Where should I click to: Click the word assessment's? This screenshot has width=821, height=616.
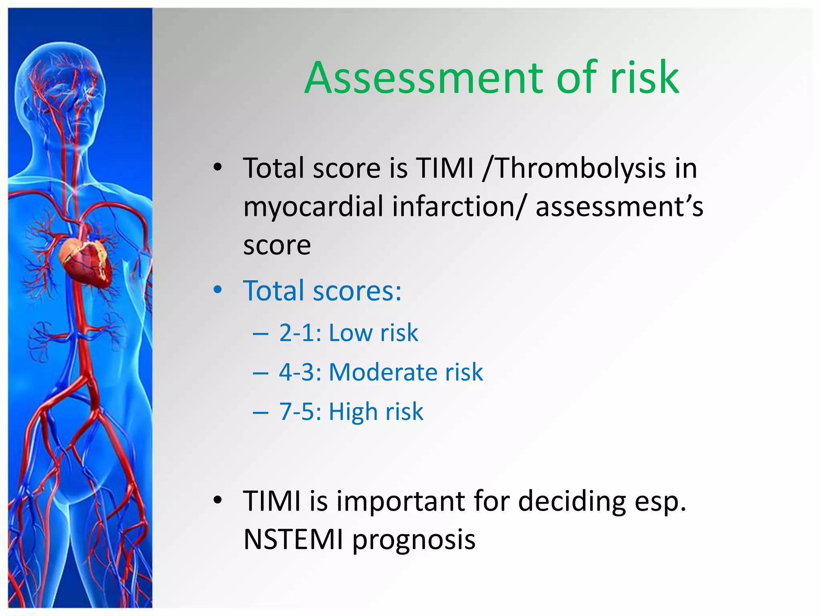619,207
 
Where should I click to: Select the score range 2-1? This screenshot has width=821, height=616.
300,333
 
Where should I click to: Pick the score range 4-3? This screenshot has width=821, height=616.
300,372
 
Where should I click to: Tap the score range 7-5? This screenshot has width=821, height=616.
300,411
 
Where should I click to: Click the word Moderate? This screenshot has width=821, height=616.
383,372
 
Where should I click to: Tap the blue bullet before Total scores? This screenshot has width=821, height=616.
218,290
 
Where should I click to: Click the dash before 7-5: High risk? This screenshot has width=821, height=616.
260,412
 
